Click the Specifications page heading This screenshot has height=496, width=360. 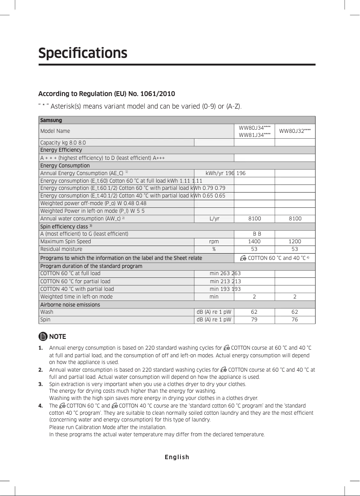tap(83, 53)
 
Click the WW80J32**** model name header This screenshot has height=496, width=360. tap(294, 131)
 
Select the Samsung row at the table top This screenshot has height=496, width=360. tap(51, 120)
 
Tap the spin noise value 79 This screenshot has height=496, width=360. tap(254, 320)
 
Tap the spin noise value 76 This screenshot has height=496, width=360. tap(294, 320)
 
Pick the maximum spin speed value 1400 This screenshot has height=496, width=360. tap(254, 241)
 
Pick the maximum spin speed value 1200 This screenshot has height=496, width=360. tap(294, 241)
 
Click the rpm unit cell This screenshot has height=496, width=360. tap(214, 241)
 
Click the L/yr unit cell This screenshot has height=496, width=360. tap(214, 219)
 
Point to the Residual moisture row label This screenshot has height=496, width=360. tap(61, 249)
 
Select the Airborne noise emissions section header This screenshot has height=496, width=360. tap(70, 305)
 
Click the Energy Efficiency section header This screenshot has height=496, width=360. tap(61, 150)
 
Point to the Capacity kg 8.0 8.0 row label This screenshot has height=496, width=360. tap(63, 142)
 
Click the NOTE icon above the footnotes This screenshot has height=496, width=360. tap(43, 337)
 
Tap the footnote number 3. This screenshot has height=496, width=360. tap(40, 384)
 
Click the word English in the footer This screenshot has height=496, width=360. tap(177, 457)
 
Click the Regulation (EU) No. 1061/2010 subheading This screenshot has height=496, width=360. tap(106, 94)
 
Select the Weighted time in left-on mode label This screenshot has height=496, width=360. tap(76, 297)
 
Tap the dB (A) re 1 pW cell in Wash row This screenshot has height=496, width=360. tap(214, 312)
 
